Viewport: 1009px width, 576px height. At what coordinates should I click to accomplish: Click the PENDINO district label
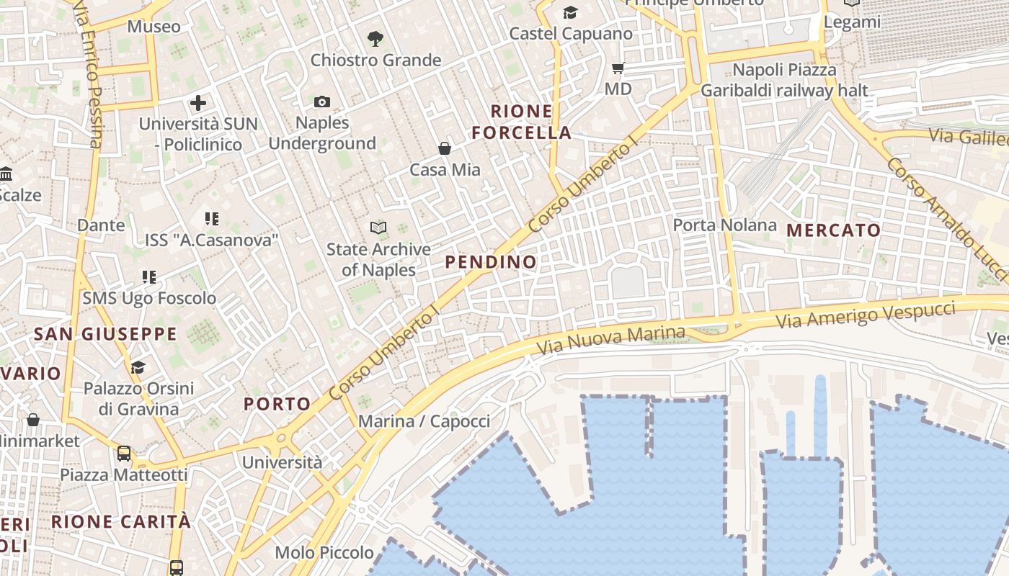491,262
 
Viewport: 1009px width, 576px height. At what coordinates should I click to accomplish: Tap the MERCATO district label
833,230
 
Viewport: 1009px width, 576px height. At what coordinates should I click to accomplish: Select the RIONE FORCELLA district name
531,122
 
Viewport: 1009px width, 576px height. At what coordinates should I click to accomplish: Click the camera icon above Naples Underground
322,102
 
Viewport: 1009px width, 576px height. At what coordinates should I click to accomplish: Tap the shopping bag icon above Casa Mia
445,148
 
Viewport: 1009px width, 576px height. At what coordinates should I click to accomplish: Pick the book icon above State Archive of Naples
378,228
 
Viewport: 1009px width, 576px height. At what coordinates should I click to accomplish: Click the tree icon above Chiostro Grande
375,39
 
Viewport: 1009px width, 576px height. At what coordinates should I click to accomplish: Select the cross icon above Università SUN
198,103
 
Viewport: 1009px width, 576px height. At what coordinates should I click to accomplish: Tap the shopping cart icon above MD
618,68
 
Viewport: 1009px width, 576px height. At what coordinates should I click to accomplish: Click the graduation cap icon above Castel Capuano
570,12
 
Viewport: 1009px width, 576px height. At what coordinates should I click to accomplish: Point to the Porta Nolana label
724,225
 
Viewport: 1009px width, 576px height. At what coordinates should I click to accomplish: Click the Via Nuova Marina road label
611,340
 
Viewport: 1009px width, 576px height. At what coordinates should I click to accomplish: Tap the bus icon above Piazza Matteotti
124,454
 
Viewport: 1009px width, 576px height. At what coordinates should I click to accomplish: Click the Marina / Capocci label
424,421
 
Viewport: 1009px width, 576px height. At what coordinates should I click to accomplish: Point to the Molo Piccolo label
324,553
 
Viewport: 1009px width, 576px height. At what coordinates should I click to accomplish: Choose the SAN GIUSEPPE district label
105,334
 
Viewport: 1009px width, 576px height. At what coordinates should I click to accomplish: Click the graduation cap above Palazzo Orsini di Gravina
138,368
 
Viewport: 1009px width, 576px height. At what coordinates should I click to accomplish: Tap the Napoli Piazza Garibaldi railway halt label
784,81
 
